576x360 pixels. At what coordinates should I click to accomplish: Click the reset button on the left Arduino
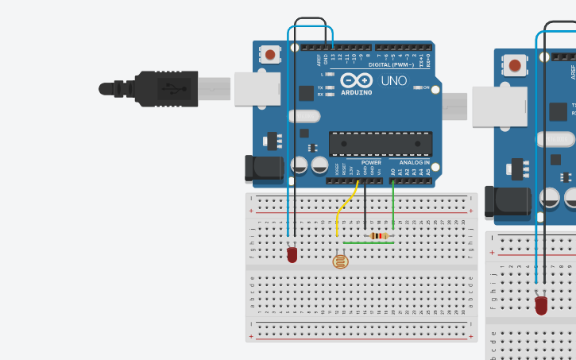coord(271,55)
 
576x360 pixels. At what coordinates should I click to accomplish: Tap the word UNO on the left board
coord(393,81)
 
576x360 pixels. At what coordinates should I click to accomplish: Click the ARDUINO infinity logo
coord(356,80)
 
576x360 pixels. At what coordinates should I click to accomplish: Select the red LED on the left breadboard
coord(292,254)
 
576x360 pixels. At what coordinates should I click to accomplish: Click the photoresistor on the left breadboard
coord(341,260)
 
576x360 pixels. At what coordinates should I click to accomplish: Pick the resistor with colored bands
coord(379,235)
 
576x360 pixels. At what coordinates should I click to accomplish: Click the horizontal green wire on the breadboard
coord(365,243)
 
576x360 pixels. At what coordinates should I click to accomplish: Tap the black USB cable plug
coord(159,88)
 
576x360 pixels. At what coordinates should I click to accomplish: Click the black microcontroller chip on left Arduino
coord(381,144)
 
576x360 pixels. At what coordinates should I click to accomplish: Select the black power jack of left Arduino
coord(264,168)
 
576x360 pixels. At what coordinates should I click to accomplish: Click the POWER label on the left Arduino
coord(371,162)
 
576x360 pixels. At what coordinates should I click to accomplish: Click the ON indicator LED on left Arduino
coord(419,87)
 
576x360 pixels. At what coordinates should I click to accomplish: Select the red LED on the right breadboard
coord(542,304)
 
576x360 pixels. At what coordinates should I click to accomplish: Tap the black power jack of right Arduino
coord(508,201)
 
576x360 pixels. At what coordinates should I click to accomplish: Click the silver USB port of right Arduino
coord(499,106)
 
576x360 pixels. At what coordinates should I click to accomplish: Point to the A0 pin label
coord(392,171)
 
